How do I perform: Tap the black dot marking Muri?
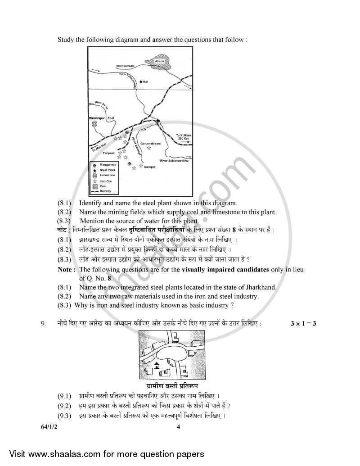click(x=141, y=81)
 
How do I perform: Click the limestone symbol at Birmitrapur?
click(x=94, y=123)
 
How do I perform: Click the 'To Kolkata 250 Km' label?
click(x=184, y=136)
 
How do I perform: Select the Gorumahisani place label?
click(x=150, y=143)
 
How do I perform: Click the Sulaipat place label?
click(x=149, y=166)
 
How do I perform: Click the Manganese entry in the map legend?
click(x=107, y=165)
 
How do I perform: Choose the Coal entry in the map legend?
click(x=103, y=186)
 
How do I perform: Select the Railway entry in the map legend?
click(x=105, y=191)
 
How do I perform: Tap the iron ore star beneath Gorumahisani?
click(x=148, y=148)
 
